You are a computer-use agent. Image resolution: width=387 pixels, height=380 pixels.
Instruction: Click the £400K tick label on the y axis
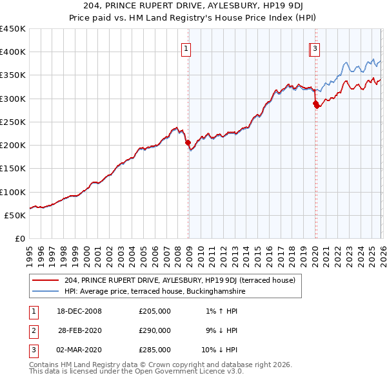[13, 52]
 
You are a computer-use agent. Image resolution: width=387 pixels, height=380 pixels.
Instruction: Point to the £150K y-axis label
[13, 169]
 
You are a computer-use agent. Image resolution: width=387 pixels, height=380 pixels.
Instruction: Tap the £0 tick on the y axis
[20, 239]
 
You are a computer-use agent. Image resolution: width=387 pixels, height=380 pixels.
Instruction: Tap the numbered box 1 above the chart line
[186, 48]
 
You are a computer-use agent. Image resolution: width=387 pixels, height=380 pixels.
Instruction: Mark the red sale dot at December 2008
[188, 143]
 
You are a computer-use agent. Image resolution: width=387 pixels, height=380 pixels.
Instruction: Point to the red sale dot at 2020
[315, 104]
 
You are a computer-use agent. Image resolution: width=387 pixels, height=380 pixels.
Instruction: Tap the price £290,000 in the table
[155, 330]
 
